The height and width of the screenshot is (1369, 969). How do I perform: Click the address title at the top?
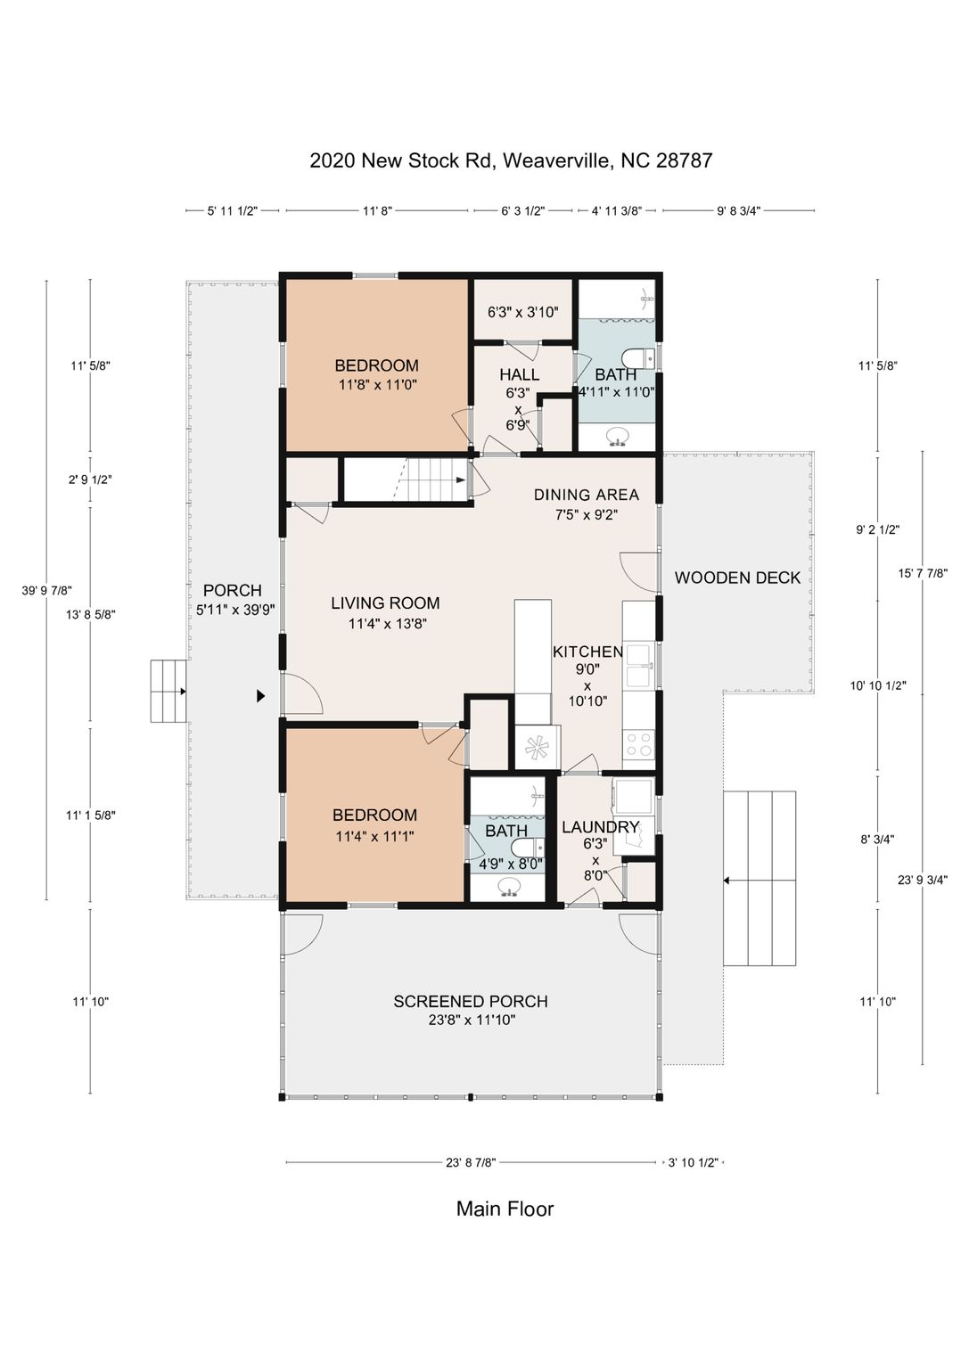click(x=511, y=160)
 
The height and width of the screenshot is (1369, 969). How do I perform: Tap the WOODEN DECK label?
click(x=737, y=578)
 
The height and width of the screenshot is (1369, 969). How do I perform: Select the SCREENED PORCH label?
click(x=471, y=1001)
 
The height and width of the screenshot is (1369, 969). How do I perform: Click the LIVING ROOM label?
click(x=385, y=603)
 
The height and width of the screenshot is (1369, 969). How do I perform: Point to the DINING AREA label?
click(x=587, y=495)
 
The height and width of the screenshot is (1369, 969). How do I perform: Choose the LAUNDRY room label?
click(x=600, y=827)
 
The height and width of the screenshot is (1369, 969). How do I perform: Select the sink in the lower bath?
click(x=508, y=886)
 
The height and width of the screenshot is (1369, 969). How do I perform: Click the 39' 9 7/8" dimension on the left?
click(x=47, y=590)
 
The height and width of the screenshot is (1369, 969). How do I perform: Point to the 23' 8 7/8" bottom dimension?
click(x=470, y=1162)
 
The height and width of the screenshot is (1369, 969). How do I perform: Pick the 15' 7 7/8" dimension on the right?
click(x=923, y=573)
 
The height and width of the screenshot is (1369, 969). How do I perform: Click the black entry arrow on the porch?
click(x=261, y=695)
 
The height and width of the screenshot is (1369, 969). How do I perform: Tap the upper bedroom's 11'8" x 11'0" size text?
click(x=376, y=385)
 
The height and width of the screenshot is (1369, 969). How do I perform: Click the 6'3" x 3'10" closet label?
click(x=522, y=312)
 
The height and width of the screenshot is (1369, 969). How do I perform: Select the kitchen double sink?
click(x=638, y=665)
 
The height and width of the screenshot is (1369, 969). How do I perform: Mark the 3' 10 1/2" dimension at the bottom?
click(x=692, y=1162)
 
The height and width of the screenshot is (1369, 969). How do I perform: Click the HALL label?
click(x=520, y=374)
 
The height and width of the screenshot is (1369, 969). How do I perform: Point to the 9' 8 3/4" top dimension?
click(x=738, y=211)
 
